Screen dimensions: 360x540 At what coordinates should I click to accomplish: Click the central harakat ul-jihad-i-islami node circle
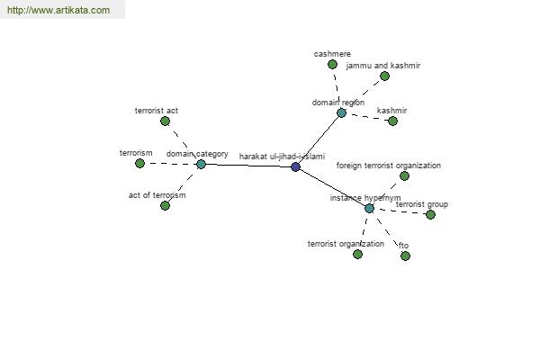(295, 166)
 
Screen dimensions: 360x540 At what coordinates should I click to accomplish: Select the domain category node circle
(201, 164)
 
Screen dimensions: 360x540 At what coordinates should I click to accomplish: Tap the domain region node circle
(341, 112)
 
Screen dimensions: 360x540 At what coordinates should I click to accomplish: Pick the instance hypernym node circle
(369, 208)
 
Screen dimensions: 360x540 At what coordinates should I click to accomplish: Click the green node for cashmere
(332, 65)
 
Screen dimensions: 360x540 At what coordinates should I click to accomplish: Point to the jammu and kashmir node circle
(384, 76)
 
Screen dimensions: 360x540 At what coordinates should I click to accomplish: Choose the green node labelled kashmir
(392, 121)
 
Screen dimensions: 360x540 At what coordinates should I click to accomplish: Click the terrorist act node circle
(165, 121)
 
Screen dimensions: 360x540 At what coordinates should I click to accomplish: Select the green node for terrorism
(139, 163)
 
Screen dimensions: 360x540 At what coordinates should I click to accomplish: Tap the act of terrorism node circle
(165, 205)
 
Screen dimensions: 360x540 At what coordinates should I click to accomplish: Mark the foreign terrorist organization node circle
(404, 175)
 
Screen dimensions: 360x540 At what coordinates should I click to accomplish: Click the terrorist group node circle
(430, 214)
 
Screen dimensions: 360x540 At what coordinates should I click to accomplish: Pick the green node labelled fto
(405, 256)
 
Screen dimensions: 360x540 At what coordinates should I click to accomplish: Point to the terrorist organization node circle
(357, 254)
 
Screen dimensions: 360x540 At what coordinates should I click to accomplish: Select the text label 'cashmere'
(332, 54)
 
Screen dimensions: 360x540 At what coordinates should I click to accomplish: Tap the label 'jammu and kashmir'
(383, 66)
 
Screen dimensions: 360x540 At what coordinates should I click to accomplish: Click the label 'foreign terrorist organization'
(389, 166)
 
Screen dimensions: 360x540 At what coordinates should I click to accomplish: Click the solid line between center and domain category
(247, 166)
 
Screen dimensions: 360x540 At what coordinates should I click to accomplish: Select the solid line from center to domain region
(319, 139)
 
